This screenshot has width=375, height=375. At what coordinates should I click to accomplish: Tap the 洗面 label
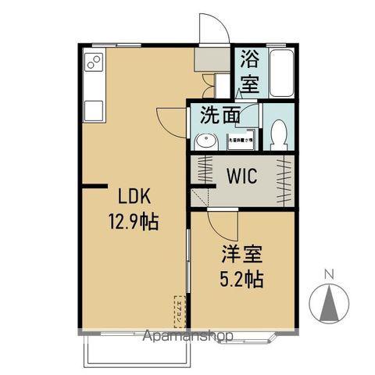[220, 116]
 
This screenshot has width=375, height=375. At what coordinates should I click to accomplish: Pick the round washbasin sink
[206, 142]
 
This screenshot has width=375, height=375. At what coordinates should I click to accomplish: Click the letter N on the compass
[328, 274]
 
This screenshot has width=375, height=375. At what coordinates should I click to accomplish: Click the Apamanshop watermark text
[187, 336]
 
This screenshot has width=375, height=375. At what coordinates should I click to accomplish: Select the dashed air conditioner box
[179, 311]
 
